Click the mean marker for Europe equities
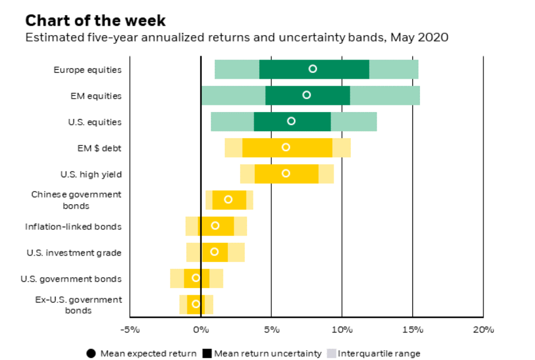point(313,69)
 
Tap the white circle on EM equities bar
point(307,95)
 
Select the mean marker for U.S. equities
point(291,121)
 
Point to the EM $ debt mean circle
point(286,147)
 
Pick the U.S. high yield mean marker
point(286,173)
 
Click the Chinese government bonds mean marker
point(228,199)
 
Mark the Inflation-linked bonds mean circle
point(215,225)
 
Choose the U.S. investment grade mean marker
point(214,252)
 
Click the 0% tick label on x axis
point(200,330)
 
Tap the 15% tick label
point(412,330)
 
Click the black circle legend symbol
point(91,354)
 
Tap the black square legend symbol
point(207,354)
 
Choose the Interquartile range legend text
point(379,354)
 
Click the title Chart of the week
point(95,20)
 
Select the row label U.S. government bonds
point(71,279)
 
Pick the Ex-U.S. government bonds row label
point(78,305)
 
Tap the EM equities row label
point(96,96)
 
